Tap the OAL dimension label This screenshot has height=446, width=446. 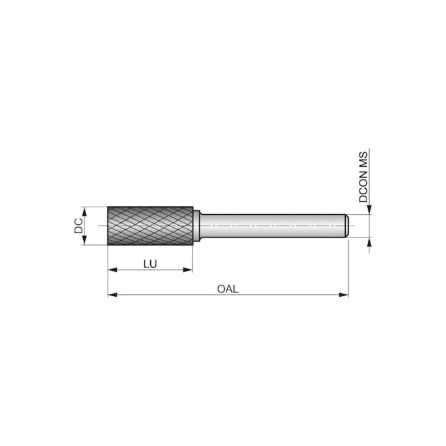(x=227, y=289)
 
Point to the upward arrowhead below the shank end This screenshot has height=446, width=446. (x=370, y=242)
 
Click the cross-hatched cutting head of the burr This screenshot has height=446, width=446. (x=150, y=225)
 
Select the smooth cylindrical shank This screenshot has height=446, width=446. (x=274, y=226)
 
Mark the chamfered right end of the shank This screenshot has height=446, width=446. (x=347, y=226)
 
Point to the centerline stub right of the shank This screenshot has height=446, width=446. (x=353, y=226)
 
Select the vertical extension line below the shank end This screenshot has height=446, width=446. (x=349, y=268)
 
